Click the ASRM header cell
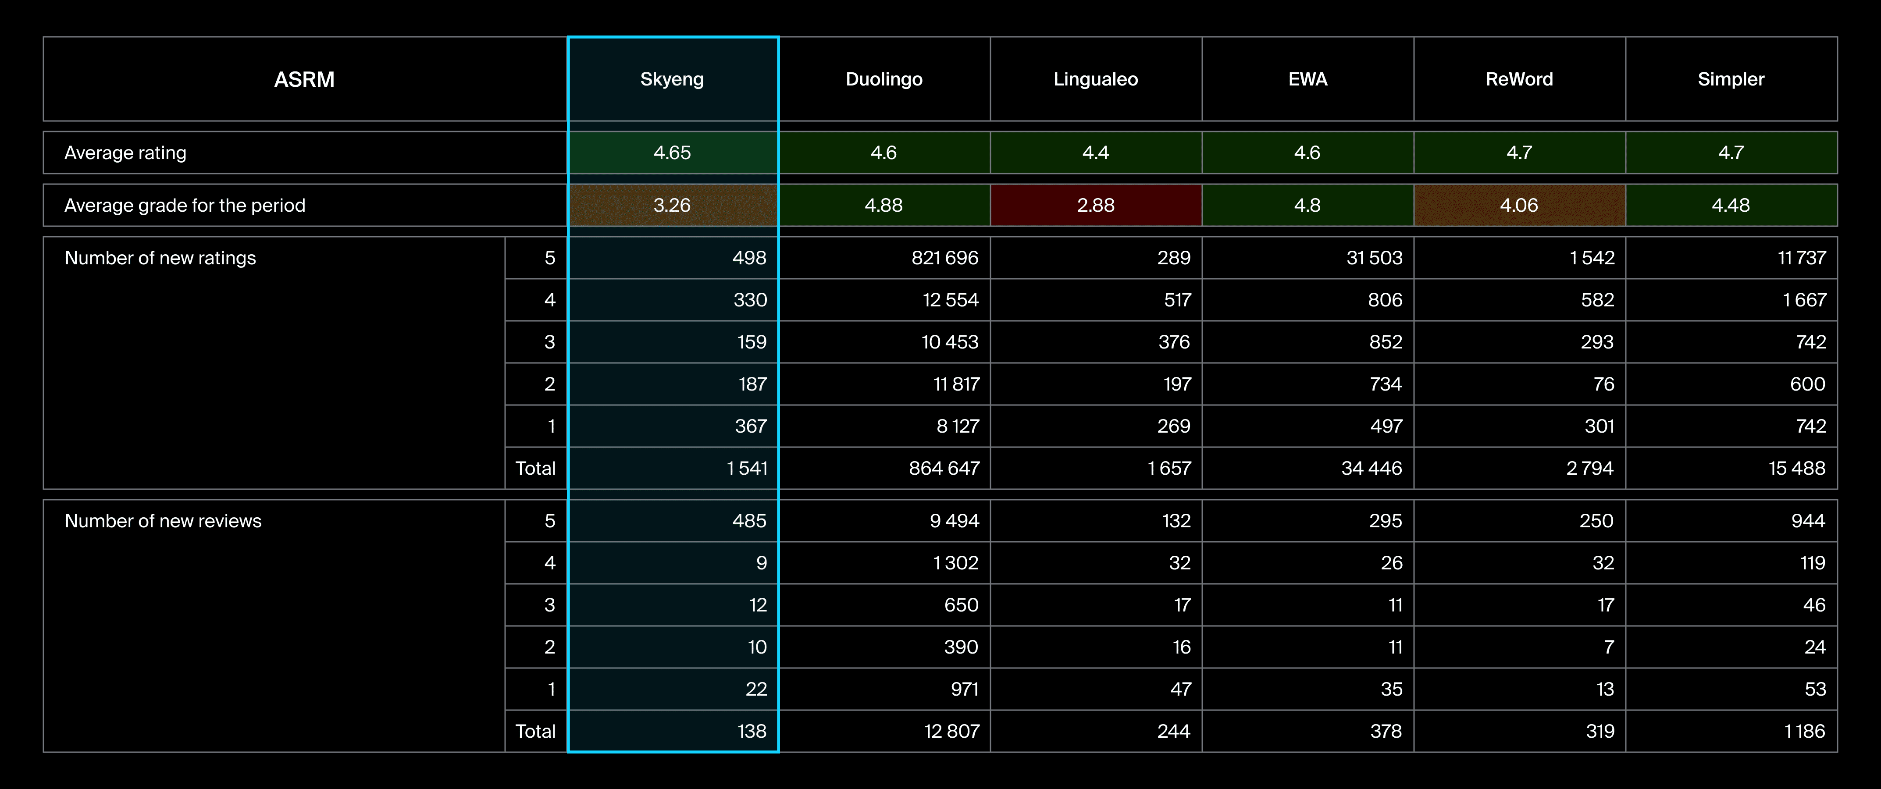click(x=304, y=79)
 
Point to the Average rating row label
click(x=125, y=153)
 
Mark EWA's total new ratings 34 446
click(x=1372, y=468)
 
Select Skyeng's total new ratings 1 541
click(x=747, y=468)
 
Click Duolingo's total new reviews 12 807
click(x=951, y=731)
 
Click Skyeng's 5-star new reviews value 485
click(x=749, y=520)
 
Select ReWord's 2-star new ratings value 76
click(x=1603, y=384)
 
